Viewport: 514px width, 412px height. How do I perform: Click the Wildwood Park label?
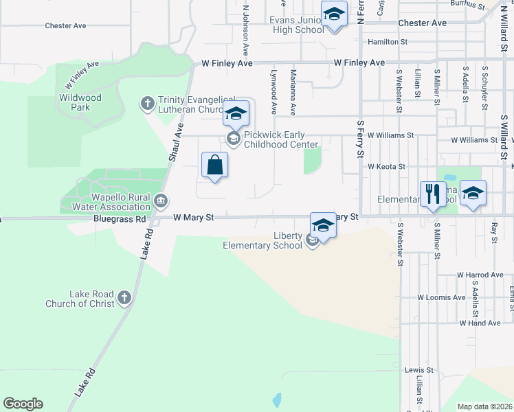point(80,102)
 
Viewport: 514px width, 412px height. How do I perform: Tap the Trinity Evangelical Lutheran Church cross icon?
point(147,104)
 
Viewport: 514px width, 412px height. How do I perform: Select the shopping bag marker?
point(214,165)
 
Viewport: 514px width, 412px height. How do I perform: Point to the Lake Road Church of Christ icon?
point(124,297)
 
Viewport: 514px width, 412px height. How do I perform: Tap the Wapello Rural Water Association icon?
point(161,201)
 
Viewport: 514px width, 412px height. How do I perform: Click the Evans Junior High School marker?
point(334,15)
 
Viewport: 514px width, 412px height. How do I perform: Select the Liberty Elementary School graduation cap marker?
point(323,225)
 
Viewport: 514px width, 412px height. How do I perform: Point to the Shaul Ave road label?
point(176,142)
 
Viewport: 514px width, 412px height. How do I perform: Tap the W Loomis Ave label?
point(441,298)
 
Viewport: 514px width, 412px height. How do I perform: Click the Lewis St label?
point(419,369)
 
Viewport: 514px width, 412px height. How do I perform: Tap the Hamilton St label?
point(388,42)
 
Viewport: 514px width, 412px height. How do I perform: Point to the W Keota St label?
point(386,166)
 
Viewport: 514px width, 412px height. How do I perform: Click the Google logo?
point(23,404)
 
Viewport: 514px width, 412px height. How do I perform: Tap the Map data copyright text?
point(484,407)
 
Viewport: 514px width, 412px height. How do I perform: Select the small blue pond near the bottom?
point(277,399)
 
